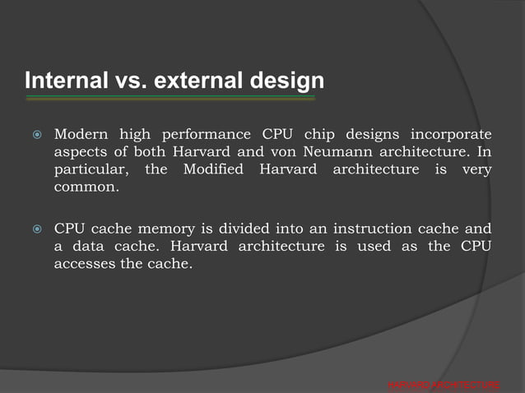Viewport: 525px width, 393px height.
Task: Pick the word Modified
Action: tap(213, 170)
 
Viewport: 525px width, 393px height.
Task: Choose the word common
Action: tap(86, 188)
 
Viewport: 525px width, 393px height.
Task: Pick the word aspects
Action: tap(79, 152)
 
